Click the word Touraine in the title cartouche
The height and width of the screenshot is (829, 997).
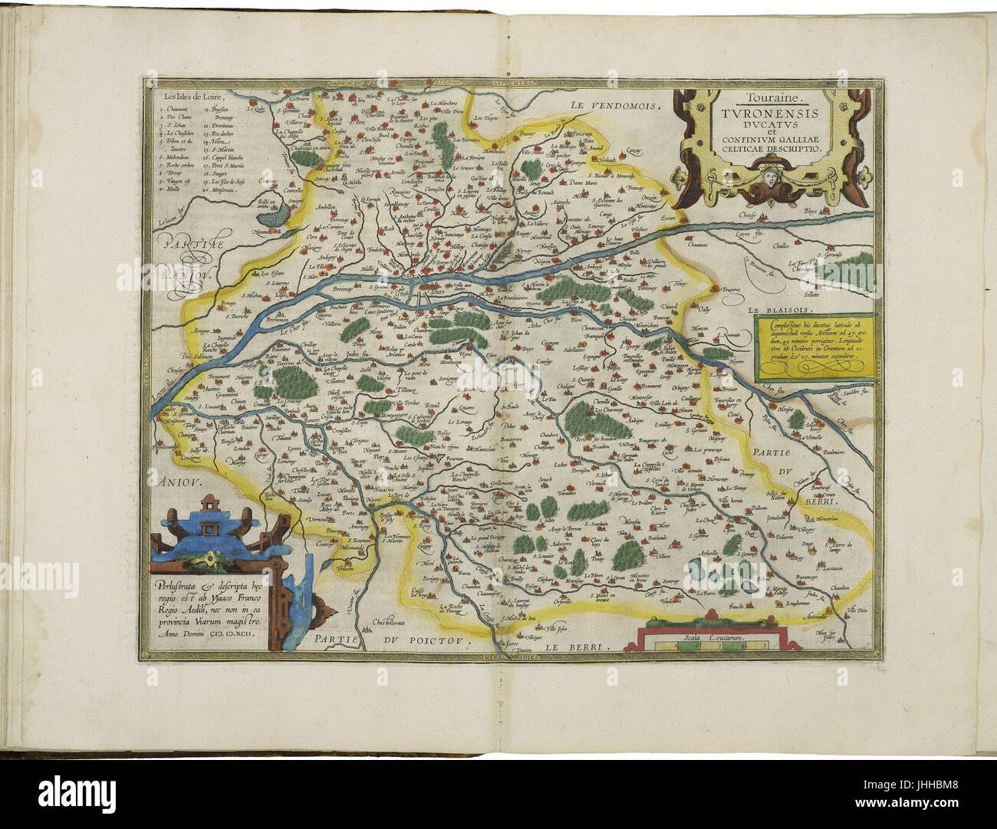[774, 98]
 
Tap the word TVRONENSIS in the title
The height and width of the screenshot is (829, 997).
[774, 113]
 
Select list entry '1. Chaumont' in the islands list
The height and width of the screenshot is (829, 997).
[173, 110]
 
